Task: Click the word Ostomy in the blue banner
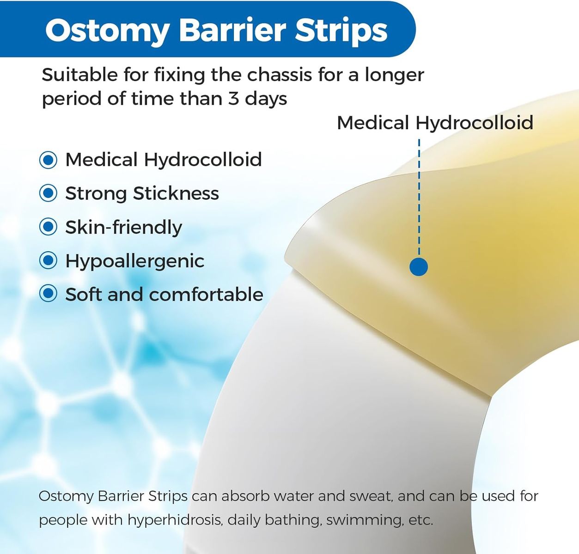point(107,31)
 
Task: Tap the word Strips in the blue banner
point(341,31)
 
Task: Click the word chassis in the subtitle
point(280,75)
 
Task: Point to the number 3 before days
point(233,99)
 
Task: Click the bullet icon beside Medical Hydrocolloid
point(48,160)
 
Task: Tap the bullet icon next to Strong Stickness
point(48,193)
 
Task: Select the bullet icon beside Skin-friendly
point(48,227)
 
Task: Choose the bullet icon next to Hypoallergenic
point(48,261)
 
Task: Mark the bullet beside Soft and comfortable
point(48,294)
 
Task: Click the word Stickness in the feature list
point(176,193)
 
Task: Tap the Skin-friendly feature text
point(124,228)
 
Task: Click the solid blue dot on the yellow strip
point(419,266)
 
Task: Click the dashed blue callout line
point(419,198)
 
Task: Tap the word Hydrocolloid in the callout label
point(475,123)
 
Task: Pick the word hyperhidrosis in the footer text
point(175,520)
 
